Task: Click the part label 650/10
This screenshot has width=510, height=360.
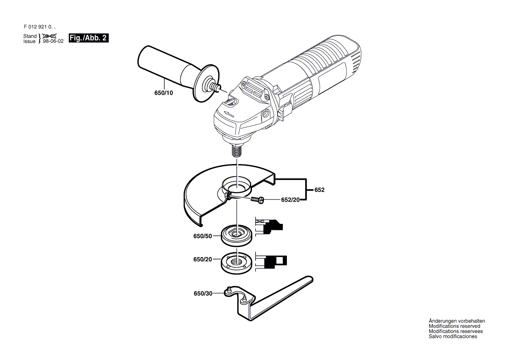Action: tap(164, 93)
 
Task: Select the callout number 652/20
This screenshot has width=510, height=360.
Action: tap(290, 200)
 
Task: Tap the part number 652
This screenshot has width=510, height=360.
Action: tap(319, 190)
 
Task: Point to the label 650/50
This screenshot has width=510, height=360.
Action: tap(203, 236)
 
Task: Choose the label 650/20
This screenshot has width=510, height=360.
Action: tap(203, 259)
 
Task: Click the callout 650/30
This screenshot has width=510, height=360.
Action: tap(203, 293)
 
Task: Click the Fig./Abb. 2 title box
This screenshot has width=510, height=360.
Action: tap(89, 38)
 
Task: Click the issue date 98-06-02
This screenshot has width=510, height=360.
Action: tap(53, 41)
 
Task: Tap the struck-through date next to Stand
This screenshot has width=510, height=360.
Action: tap(49, 36)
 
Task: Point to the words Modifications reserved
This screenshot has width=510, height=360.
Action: tap(455, 326)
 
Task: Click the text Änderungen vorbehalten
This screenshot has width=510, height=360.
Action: tap(457, 321)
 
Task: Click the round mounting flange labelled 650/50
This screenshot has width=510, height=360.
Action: tap(238, 236)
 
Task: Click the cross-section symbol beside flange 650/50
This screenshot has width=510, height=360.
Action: tap(269, 226)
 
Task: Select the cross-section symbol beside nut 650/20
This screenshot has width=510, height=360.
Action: tap(271, 261)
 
